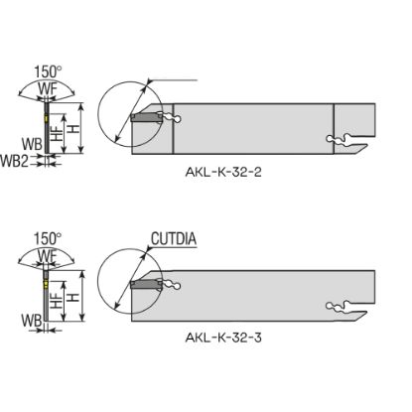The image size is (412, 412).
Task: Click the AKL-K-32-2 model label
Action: pos(223,172)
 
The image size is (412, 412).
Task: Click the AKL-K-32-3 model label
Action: pos(223,338)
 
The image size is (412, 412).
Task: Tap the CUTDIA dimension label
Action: pos(174,238)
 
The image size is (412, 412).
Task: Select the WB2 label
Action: pos(14,161)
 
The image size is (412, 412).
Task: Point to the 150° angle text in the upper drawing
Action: pos(48,71)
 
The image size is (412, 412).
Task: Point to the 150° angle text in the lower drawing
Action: pos(48,238)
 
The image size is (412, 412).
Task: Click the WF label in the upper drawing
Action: pos(48,89)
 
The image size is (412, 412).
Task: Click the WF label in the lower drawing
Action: pos(48,256)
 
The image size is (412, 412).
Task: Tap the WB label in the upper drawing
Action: pos(32,144)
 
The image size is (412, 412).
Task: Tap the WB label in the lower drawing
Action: pos(32,321)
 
